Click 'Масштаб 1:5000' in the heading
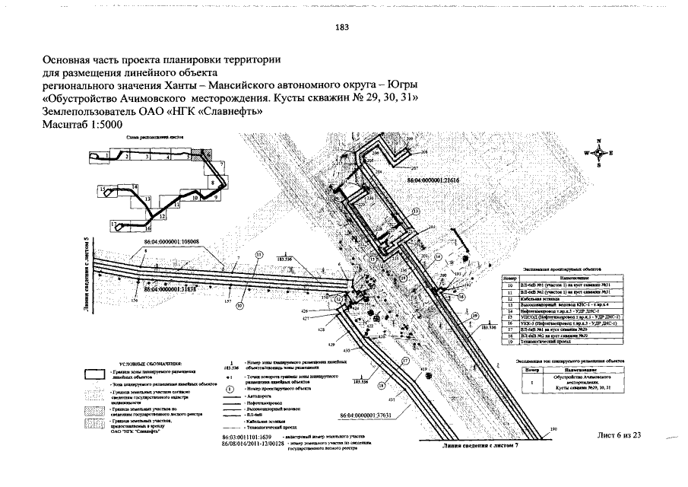[81, 125]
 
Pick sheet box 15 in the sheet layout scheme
[101, 188]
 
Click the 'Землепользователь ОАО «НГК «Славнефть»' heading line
[153, 111]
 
